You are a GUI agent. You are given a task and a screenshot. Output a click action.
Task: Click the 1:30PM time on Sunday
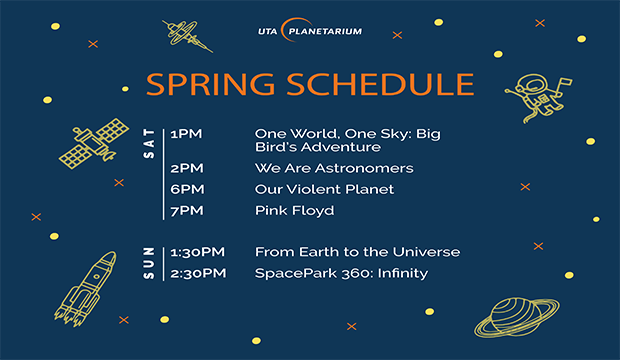point(197,252)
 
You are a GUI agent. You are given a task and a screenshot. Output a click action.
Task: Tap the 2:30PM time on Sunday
point(198,273)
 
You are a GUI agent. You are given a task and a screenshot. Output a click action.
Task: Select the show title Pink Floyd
point(294,211)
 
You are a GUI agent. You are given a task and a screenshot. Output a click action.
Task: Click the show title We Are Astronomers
point(334,168)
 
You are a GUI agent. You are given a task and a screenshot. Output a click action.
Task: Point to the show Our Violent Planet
point(324,189)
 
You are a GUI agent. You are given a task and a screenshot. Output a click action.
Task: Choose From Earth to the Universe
point(357,252)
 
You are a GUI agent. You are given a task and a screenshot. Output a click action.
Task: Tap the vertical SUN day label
point(151,262)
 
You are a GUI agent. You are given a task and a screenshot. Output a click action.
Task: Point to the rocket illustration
point(86,283)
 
